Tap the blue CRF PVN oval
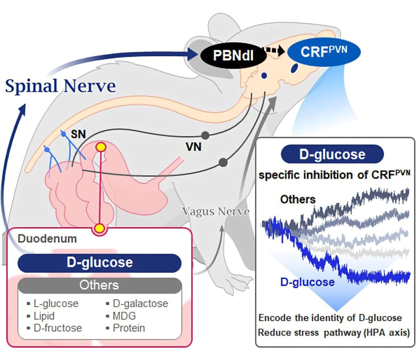tap(324, 52)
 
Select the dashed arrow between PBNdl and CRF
tap(274, 50)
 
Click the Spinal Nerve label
tap(61, 86)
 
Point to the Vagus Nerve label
tap(216, 211)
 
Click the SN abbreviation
tap(78, 134)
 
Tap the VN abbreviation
tap(193, 147)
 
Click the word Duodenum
tap(47, 239)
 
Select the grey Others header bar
tap(99, 285)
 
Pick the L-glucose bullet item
tap(56, 303)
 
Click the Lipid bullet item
tap(44, 316)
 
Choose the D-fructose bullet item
tap(58, 328)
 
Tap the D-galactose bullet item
tap(140, 303)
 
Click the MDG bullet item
tap(124, 316)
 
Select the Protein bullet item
tap(129, 328)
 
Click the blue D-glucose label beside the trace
tap(307, 282)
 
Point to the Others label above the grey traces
tap(298, 199)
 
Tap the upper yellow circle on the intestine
tap(101, 147)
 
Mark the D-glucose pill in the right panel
tap(332, 154)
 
